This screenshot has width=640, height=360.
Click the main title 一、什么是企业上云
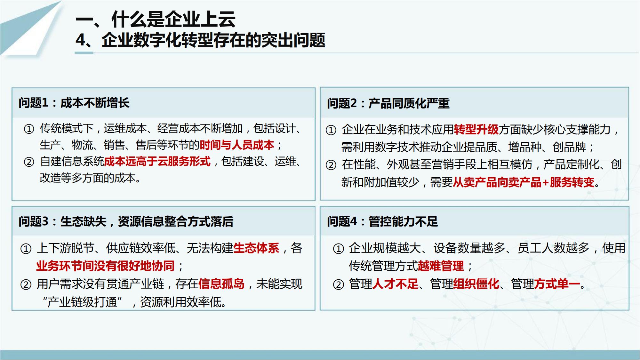(156, 19)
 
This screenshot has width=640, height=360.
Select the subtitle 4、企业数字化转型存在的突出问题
(200, 40)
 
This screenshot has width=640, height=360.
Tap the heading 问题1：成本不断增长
(74, 103)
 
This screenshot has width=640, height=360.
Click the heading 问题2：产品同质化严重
(388, 103)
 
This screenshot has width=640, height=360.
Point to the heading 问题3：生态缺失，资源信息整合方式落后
(126, 221)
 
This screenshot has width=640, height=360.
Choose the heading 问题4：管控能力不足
(382, 221)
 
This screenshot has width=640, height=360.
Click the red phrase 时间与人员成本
(237, 145)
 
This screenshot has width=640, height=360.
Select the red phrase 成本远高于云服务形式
(157, 162)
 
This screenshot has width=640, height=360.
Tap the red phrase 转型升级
(476, 130)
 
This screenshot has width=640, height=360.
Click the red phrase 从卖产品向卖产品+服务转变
(524, 182)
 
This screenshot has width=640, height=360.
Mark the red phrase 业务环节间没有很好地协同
(105, 266)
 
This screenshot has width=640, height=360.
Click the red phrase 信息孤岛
(221, 284)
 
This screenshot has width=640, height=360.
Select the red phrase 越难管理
(441, 266)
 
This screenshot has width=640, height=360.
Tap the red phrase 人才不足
(395, 284)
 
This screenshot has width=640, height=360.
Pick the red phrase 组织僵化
(476, 284)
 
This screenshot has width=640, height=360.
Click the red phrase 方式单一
(557, 284)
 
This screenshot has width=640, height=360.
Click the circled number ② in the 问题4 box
(338, 284)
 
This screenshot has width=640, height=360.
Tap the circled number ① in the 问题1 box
(29, 129)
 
